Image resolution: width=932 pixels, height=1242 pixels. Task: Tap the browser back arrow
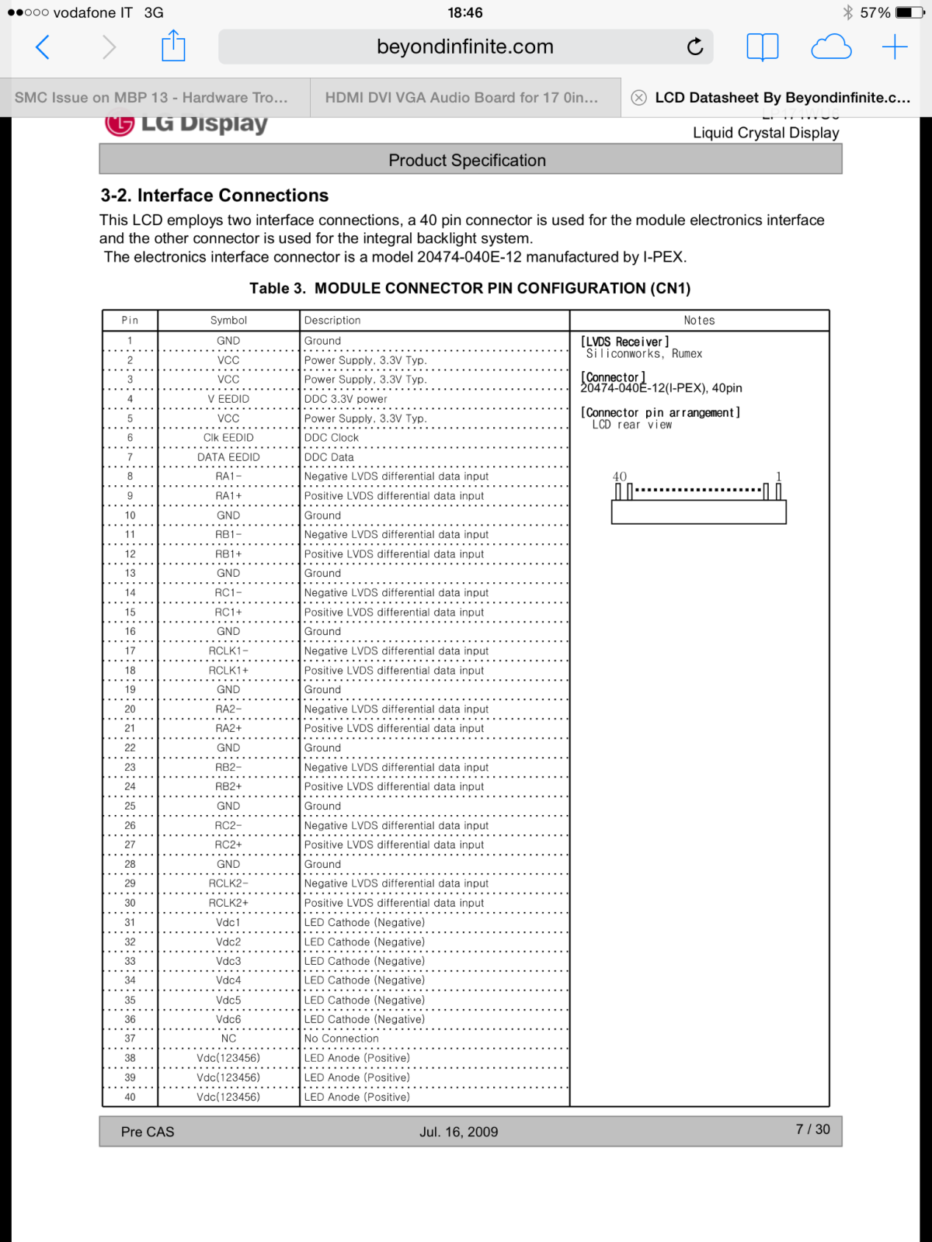click(43, 47)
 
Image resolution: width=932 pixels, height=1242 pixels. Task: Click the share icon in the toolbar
click(173, 47)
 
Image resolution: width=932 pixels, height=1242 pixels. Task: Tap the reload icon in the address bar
click(695, 47)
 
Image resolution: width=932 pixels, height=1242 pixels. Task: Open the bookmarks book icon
click(762, 47)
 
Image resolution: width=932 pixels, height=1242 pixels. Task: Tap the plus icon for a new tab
click(895, 47)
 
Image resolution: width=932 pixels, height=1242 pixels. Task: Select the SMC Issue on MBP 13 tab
click(151, 98)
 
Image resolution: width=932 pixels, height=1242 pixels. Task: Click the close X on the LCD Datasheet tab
click(638, 98)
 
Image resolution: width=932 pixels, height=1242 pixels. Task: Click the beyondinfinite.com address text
click(464, 47)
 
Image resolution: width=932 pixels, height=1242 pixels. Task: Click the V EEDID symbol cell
click(228, 399)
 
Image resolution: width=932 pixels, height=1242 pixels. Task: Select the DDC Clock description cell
click(332, 438)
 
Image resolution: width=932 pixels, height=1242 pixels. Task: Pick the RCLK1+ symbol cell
click(228, 671)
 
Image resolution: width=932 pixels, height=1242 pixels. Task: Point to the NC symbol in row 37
click(228, 1039)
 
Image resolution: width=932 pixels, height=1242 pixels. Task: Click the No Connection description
click(342, 1039)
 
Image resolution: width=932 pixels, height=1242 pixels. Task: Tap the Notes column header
click(699, 321)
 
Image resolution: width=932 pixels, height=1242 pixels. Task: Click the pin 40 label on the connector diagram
click(619, 477)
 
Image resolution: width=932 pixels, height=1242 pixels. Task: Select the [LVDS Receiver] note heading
click(624, 342)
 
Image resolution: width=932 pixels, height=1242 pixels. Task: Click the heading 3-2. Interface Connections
click(214, 196)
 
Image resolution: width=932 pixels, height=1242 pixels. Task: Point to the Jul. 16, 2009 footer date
click(459, 1132)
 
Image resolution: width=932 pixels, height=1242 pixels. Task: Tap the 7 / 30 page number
click(812, 1129)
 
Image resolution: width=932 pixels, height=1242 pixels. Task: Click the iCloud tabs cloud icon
click(831, 47)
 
